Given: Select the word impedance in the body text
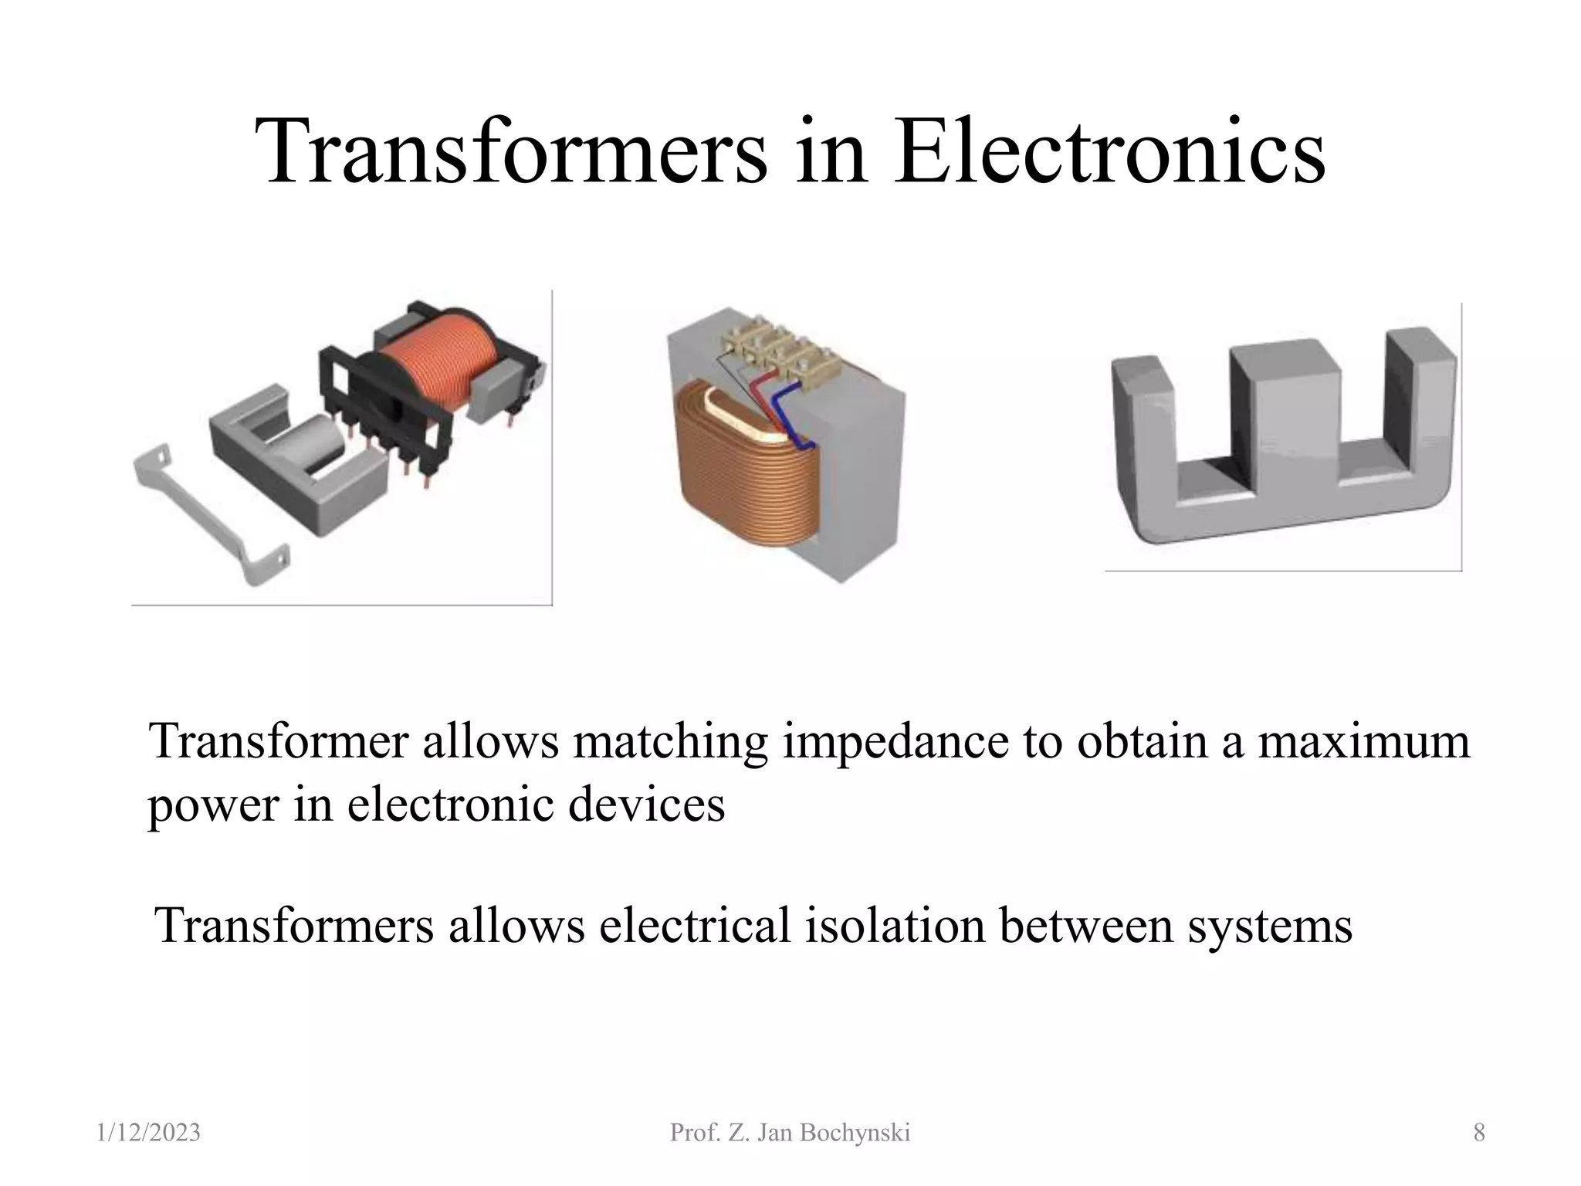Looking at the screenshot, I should point(895,741).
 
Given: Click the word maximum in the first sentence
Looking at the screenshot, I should point(1363,741).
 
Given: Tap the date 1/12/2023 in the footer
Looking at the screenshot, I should point(149,1133).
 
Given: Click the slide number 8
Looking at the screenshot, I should point(1478,1133).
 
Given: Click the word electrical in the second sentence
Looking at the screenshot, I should point(695,925).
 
